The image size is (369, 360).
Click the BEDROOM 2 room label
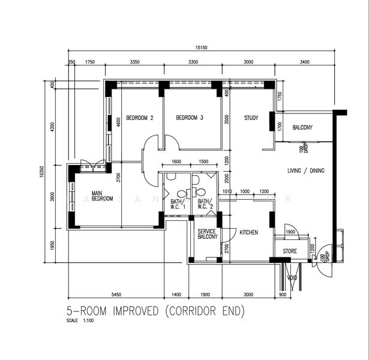[x=139, y=118]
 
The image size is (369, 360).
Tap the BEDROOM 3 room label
[x=189, y=118]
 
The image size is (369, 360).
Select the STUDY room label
[x=251, y=118]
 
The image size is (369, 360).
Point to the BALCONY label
[x=302, y=128]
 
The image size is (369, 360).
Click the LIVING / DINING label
[x=305, y=171]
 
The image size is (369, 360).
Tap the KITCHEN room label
[x=248, y=232]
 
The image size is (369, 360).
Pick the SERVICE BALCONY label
[x=208, y=234]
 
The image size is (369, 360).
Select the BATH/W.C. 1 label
[x=178, y=205]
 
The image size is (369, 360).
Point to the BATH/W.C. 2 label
[x=205, y=205]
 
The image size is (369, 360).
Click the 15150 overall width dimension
[x=202, y=48]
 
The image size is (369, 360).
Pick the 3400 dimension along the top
[x=304, y=62]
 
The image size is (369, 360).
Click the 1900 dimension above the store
[x=290, y=232]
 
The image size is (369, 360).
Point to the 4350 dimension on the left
[x=52, y=127]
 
